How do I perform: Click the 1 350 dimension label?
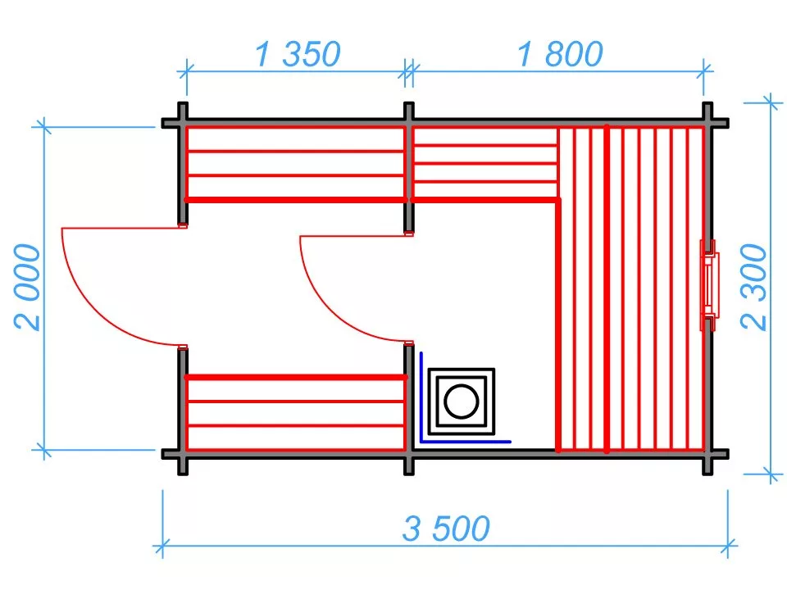296,54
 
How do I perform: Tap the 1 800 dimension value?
560,54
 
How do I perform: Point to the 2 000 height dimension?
28,286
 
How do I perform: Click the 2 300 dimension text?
755,286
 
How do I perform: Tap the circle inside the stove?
462,401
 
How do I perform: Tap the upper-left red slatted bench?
296,164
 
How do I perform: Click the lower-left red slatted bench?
296,413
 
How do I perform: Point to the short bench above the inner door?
484,164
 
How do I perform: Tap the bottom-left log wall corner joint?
182,453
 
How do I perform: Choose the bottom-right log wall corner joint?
708,453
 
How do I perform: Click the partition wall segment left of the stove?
409,397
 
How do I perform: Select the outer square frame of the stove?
462,373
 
